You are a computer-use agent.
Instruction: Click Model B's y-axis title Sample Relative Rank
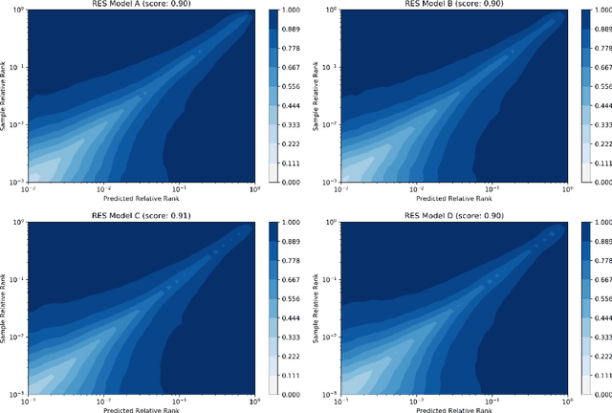tap(315, 96)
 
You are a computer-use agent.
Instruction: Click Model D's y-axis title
tap(315, 306)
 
